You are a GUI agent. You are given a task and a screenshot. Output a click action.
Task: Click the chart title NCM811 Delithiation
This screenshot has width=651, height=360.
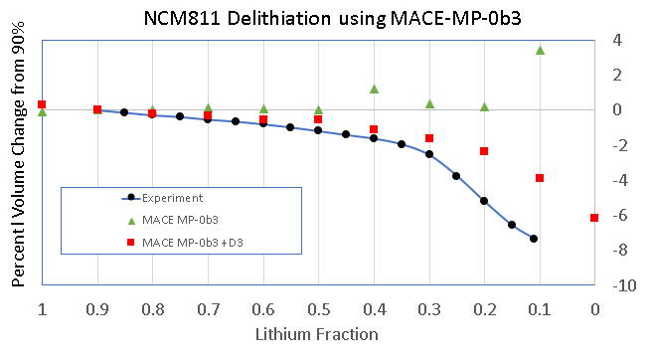[325, 16]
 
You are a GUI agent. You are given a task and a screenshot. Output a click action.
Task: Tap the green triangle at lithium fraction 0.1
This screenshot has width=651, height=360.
[540, 50]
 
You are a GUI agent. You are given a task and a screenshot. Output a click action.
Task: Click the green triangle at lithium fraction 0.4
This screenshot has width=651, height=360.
[374, 89]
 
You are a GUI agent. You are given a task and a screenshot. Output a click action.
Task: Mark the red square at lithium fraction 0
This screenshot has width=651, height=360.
[594, 218]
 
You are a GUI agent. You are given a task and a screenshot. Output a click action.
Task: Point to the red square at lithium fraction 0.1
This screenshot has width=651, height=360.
[540, 178]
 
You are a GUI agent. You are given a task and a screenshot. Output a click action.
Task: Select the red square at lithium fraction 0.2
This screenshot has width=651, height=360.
[484, 151]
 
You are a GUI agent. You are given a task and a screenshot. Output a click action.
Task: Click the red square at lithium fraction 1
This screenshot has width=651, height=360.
[42, 104]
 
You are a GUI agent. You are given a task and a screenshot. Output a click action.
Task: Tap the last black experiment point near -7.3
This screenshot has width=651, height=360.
[534, 239]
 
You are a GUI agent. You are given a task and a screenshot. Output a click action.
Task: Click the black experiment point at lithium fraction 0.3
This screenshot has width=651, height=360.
[429, 154]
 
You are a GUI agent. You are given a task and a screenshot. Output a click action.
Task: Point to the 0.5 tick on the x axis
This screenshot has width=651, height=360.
[318, 309]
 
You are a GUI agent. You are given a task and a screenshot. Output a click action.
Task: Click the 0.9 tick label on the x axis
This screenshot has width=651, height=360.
[96, 309]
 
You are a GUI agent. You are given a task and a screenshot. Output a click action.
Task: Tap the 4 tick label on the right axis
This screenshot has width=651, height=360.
[617, 41]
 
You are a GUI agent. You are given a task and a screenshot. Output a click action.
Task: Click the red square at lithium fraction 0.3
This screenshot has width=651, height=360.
[429, 138]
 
